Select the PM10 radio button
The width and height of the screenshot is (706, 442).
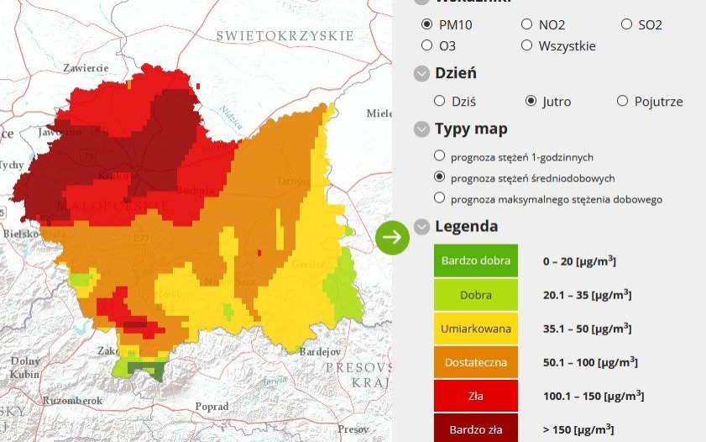pyautogui.click(x=427, y=24)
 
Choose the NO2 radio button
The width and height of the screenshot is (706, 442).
pyautogui.click(x=526, y=24)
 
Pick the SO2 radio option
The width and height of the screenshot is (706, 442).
pyautogui.click(x=626, y=24)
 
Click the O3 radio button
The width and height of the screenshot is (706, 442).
pyautogui.click(x=427, y=45)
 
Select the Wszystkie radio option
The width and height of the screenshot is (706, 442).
pyautogui.click(x=526, y=45)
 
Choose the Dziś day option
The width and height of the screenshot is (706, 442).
pyautogui.click(x=439, y=101)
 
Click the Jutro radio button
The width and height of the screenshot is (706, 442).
pyautogui.click(x=531, y=101)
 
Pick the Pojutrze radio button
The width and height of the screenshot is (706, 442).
pyautogui.click(x=622, y=101)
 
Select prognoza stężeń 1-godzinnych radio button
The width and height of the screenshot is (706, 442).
pyautogui.click(x=439, y=156)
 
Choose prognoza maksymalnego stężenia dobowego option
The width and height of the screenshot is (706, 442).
pyautogui.click(x=439, y=198)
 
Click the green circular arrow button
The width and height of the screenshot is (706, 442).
pyautogui.click(x=392, y=238)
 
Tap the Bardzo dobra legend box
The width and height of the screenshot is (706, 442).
pyautogui.click(x=475, y=260)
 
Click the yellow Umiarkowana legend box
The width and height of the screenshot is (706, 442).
pyautogui.click(x=475, y=329)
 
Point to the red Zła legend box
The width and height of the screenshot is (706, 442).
pyautogui.click(x=475, y=396)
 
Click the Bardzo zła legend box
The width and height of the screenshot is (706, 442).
pyautogui.click(x=475, y=428)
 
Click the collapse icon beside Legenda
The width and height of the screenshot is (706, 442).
pyautogui.click(x=421, y=227)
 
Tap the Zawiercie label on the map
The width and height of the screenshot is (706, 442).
pyautogui.click(x=86, y=68)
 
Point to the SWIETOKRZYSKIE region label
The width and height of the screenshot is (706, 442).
pyautogui.click(x=285, y=35)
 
